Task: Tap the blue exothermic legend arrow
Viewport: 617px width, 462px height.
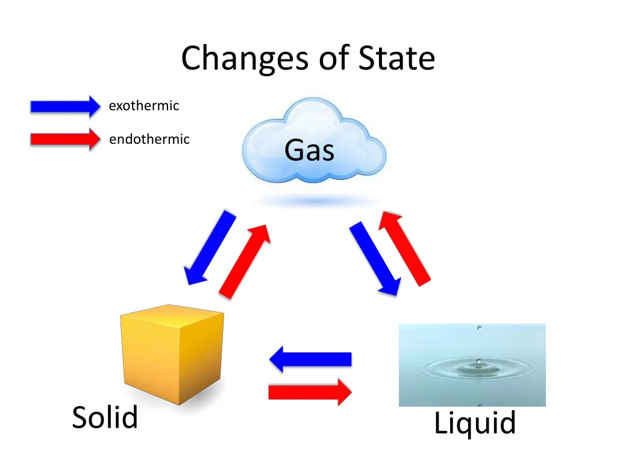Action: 65,106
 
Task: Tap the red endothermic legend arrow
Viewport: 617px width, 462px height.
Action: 65,139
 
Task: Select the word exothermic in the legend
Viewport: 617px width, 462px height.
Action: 143,106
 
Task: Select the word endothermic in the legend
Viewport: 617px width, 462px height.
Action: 149,140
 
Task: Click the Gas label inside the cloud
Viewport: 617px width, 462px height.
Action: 309,150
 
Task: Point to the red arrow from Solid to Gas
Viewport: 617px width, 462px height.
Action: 244,260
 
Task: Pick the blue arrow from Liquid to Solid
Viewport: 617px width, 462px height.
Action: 310,359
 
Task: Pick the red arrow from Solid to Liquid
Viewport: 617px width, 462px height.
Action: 310,392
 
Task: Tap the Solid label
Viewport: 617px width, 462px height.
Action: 105,417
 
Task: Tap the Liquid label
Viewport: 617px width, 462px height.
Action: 475,423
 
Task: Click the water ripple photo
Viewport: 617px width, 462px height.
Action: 472,365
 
